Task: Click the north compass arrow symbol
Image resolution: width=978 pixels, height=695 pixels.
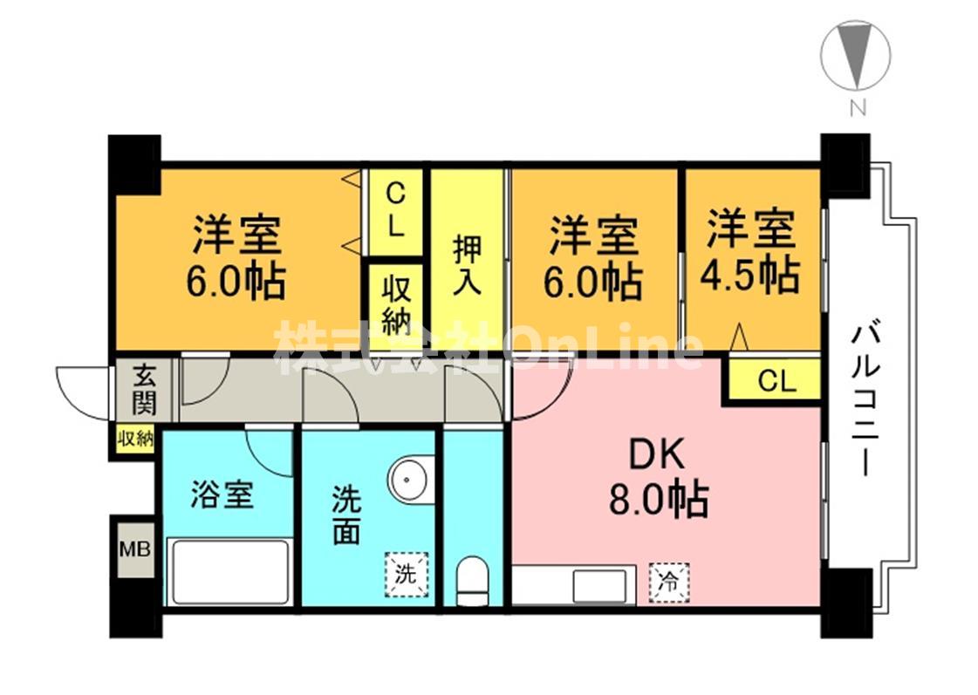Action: coord(855,54)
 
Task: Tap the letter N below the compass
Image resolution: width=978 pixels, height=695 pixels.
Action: coord(858,108)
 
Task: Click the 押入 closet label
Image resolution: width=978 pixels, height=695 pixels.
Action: coord(468,263)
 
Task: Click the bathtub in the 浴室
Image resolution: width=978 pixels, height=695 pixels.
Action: coord(230,571)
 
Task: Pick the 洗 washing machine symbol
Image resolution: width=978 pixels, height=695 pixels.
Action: coord(407,574)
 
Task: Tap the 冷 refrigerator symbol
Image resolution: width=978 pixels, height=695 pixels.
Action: coord(668,579)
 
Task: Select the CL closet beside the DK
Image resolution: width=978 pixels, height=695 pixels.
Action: coord(776,382)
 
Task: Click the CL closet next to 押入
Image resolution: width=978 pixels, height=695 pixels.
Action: coord(394,211)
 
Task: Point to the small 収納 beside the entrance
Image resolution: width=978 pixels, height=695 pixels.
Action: coord(135,439)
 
